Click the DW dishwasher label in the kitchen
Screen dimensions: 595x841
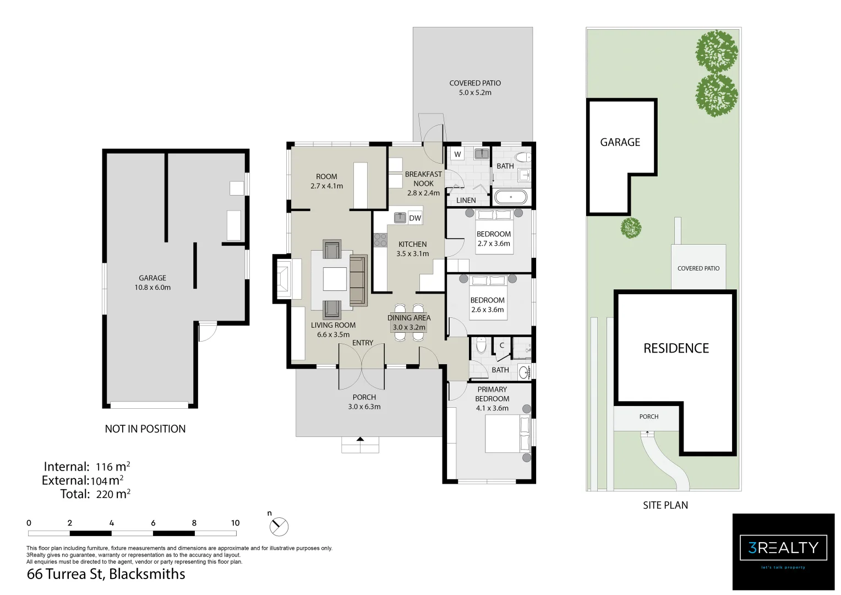(x=415, y=218)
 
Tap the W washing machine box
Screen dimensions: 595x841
(x=457, y=154)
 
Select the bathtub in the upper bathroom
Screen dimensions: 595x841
(x=510, y=197)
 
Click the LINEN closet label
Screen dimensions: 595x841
(x=466, y=200)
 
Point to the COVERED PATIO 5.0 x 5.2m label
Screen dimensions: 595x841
(x=475, y=88)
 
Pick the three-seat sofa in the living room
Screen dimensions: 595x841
(x=358, y=280)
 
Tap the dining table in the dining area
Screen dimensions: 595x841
(x=408, y=322)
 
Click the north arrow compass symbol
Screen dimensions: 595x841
(x=279, y=527)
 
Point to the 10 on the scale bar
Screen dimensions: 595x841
(x=235, y=523)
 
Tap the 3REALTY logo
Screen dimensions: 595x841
(x=783, y=548)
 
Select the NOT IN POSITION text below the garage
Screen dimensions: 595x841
(x=145, y=429)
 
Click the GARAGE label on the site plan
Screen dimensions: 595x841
(x=620, y=142)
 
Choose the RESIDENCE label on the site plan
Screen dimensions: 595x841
(x=676, y=348)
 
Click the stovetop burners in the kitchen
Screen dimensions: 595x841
(x=380, y=240)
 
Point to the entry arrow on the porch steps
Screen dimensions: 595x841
(x=360, y=439)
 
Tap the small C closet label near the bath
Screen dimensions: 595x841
(x=501, y=345)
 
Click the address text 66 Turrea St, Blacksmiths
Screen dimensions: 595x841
(x=106, y=574)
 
